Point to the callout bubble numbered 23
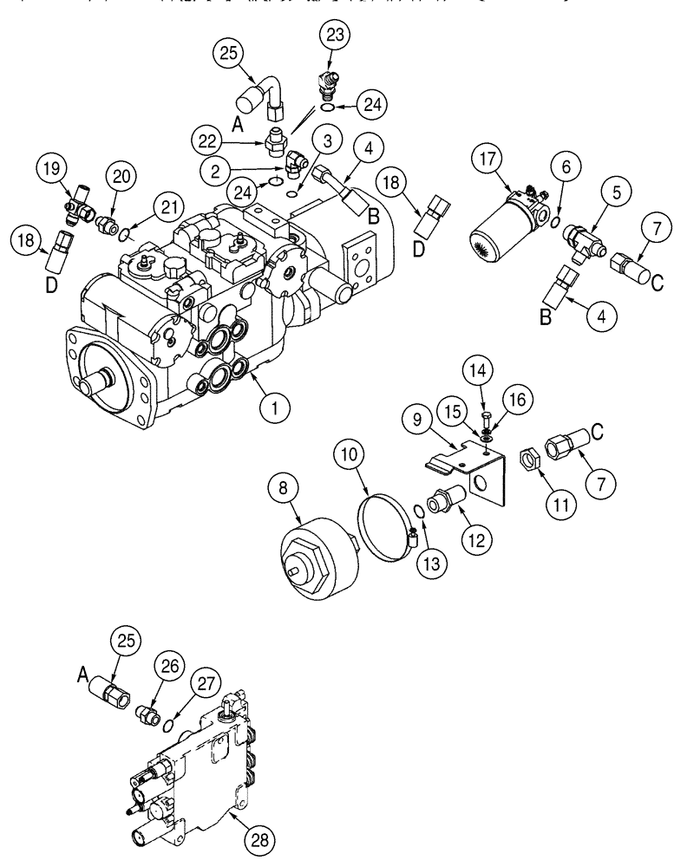coord(335,36)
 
